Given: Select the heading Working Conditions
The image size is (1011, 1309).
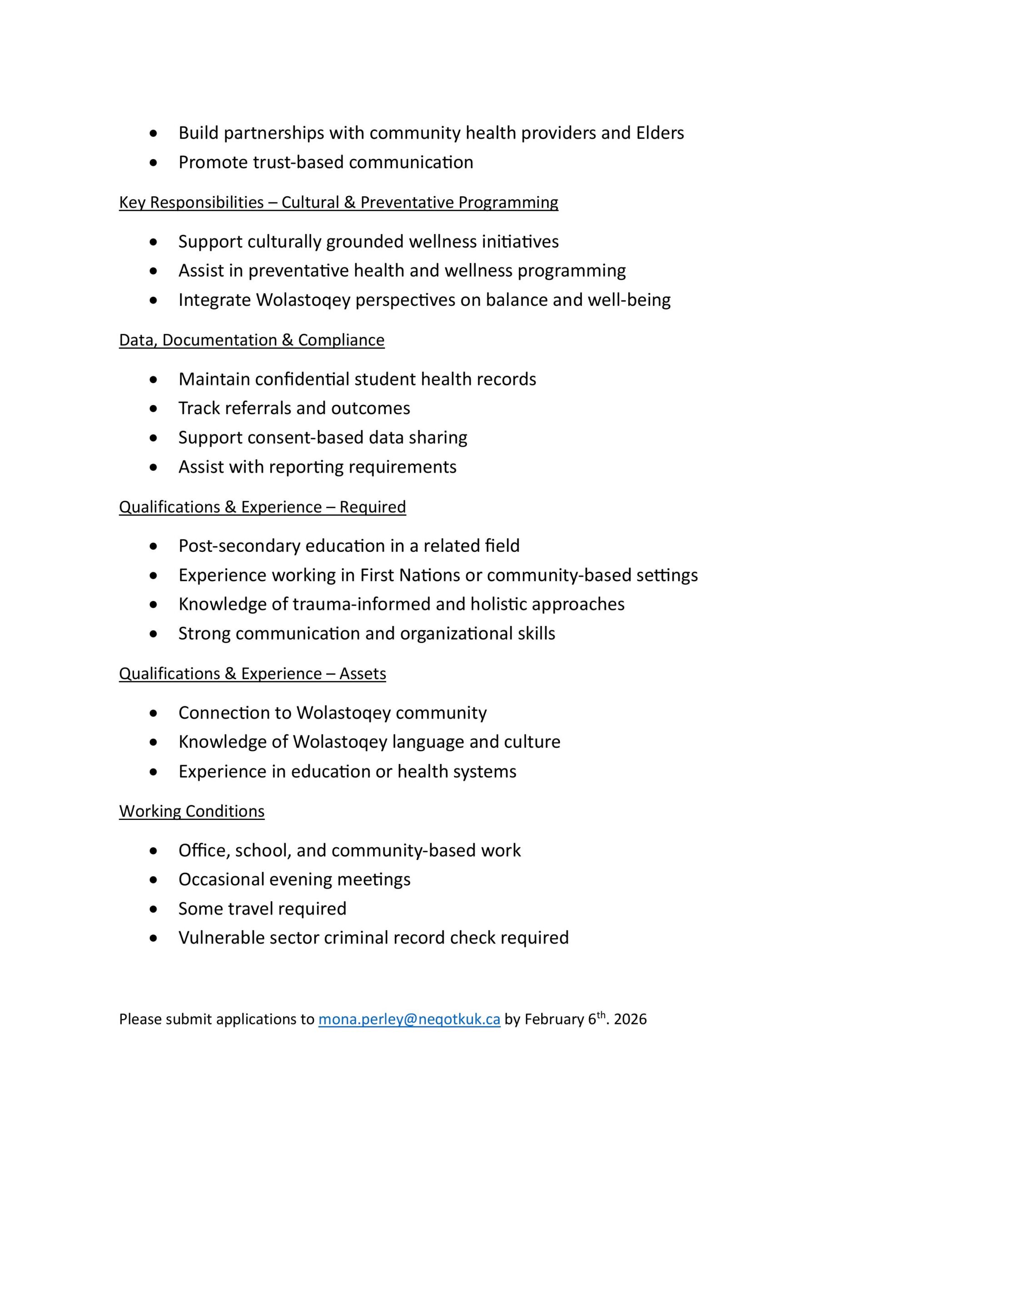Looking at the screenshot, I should (x=192, y=811).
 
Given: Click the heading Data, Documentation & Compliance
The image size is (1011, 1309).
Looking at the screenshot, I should (x=252, y=340).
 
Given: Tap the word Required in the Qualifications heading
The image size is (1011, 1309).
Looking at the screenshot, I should (x=373, y=507).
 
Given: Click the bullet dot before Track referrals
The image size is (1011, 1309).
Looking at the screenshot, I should (x=154, y=409).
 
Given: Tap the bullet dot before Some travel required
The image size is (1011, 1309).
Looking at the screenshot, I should (x=154, y=909).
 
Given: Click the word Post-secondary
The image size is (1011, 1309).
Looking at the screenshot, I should (x=239, y=546).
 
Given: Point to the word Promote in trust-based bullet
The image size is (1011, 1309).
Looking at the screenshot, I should (x=213, y=162).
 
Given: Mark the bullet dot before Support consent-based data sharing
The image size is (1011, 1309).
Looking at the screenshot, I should (x=154, y=438).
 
